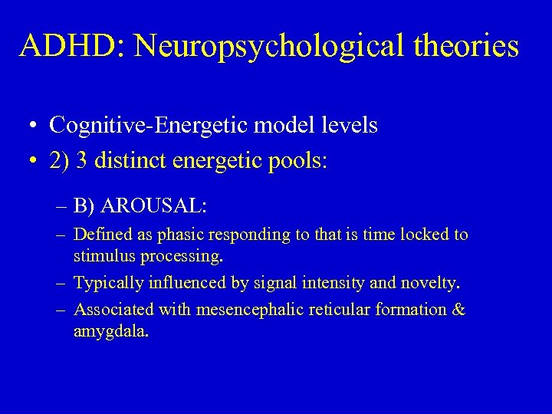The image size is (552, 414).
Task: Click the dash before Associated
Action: (60, 310)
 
